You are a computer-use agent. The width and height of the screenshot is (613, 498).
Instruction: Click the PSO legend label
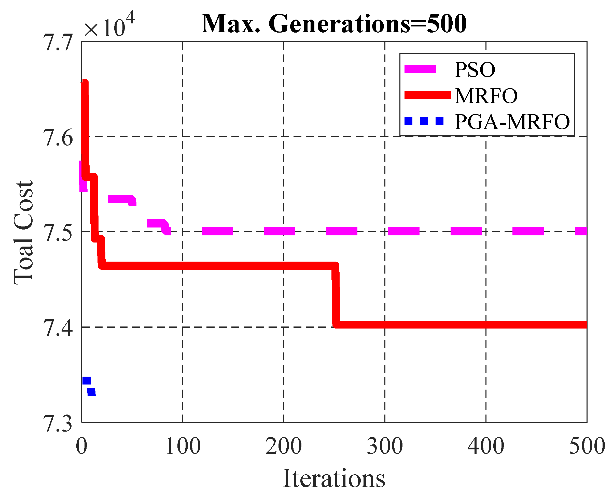475,70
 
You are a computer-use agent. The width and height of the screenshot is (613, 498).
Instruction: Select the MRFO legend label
486,96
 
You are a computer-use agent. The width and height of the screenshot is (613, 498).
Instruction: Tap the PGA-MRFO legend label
512,122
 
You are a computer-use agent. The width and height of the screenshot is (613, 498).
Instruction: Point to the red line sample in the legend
427,95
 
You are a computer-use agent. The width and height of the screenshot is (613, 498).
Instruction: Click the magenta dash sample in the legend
420,69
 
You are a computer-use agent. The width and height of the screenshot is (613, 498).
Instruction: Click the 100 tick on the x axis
183,446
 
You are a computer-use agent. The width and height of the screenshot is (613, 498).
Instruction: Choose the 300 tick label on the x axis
385,446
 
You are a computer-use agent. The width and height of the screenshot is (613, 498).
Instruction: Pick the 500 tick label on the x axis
587,446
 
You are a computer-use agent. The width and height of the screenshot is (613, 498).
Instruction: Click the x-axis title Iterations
334,478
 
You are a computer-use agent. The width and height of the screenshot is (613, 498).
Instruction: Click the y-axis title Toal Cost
23,232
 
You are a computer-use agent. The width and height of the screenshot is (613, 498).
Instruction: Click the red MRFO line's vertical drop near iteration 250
336,295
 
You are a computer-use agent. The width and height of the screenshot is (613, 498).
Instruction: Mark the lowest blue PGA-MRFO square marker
91,392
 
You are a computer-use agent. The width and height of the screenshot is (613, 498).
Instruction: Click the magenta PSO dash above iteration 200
279,231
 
